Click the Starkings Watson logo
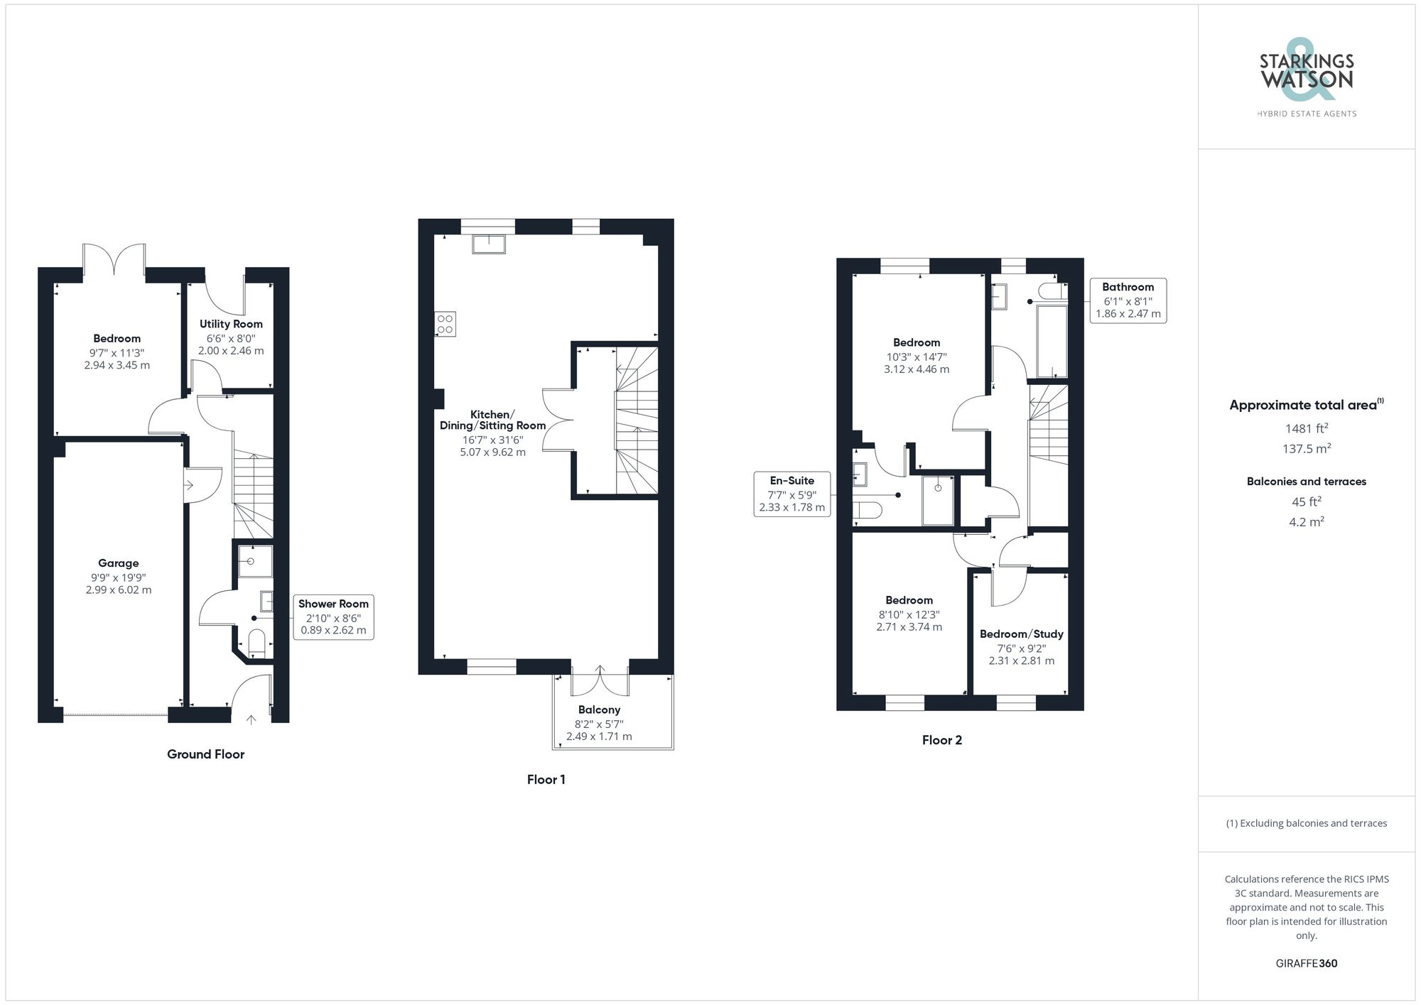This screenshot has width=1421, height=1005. point(1306,77)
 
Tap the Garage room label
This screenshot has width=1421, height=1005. point(119,563)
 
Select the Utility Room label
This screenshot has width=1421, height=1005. point(231,324)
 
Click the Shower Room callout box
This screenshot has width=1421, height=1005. point(333,616)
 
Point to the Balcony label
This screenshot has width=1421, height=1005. point(599,710)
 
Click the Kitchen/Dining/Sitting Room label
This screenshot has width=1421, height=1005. point(492,420)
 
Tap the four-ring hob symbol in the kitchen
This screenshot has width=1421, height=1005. point(445,324)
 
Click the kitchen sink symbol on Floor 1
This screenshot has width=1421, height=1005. point(489,244)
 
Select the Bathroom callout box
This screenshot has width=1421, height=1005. point(1128,300)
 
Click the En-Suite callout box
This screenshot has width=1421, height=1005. point(791,494)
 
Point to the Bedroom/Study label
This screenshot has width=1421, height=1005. point(1021,634)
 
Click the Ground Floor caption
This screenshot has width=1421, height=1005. point(205,754)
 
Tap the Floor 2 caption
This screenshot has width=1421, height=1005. point(941,740)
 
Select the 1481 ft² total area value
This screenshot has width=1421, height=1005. point(1306,428)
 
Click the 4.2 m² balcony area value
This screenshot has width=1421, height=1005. point(1306,522)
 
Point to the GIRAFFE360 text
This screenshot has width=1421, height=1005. point(1306,963)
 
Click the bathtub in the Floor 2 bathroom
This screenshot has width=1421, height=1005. point(1052,342)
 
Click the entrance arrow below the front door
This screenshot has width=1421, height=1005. point(251,719)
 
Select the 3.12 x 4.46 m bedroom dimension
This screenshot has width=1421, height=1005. point(916,369)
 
